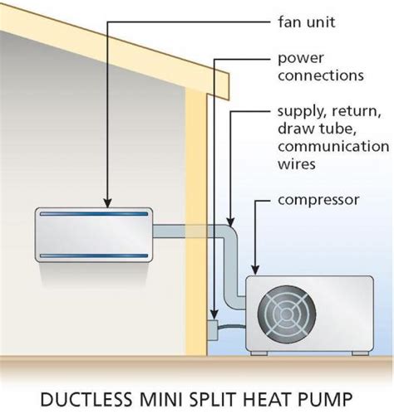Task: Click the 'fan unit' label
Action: tap(306, 23)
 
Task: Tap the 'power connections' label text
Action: tap(320, 67)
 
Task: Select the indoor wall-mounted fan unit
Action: tap(92, 234)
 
